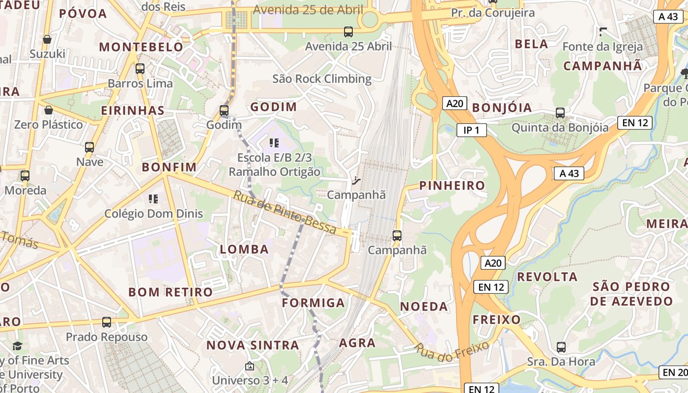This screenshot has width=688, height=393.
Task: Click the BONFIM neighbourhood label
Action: click(169, 167)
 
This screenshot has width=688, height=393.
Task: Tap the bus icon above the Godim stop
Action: click(224, 111)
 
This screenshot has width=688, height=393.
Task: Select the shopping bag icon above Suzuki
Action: click(47, 39)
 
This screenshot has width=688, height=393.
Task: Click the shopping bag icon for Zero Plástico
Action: click(48, 110)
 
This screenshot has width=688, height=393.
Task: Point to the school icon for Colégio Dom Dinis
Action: click(153, 199)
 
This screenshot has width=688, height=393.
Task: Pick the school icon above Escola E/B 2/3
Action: click(274, 143)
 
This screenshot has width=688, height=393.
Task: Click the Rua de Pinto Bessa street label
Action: click(285, 212)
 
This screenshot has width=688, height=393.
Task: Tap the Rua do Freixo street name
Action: click(452, 352)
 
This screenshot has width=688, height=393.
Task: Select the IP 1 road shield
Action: click(471, 130)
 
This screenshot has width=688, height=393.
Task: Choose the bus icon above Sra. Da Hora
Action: click(561, 347)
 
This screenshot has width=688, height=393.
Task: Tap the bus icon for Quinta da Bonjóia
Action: click(560, 113)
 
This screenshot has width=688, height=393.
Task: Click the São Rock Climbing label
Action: click(322, 79)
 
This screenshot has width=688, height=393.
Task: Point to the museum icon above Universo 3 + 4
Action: click(250, 366)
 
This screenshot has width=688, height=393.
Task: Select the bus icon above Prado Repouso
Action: click(107, 322)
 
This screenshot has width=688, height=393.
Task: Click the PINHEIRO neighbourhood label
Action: click(452, 185)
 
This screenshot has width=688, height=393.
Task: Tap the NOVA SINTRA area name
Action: click(253, 345)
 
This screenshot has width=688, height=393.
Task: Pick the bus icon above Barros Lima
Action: click(140, 69)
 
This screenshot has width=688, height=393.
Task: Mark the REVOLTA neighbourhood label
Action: click(547, 277)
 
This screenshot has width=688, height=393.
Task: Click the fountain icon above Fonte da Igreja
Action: click(603, 32)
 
